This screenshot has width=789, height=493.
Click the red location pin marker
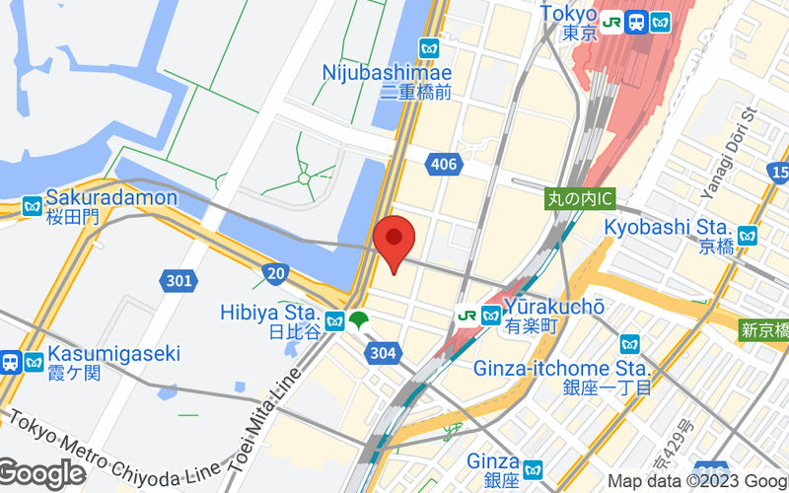[394, 240]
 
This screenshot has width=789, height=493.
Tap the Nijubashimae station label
[388, 73]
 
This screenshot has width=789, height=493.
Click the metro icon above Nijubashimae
[429, 47]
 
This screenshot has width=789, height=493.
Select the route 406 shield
[444, 164]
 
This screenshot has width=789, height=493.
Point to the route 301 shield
[179, 282]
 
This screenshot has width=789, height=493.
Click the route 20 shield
[276, 272]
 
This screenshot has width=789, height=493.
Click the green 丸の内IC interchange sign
[581, 198]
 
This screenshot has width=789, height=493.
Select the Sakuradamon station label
[110, 198]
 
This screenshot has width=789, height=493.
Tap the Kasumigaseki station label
[113, 353]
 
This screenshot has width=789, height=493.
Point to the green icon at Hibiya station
[360, 319]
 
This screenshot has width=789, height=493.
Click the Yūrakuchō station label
[553, 307]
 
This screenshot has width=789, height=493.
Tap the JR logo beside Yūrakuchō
[466, 316]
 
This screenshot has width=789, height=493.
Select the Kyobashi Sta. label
[667, 227]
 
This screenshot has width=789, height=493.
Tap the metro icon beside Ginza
[533, 469]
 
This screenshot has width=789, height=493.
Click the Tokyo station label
[569, 14]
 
